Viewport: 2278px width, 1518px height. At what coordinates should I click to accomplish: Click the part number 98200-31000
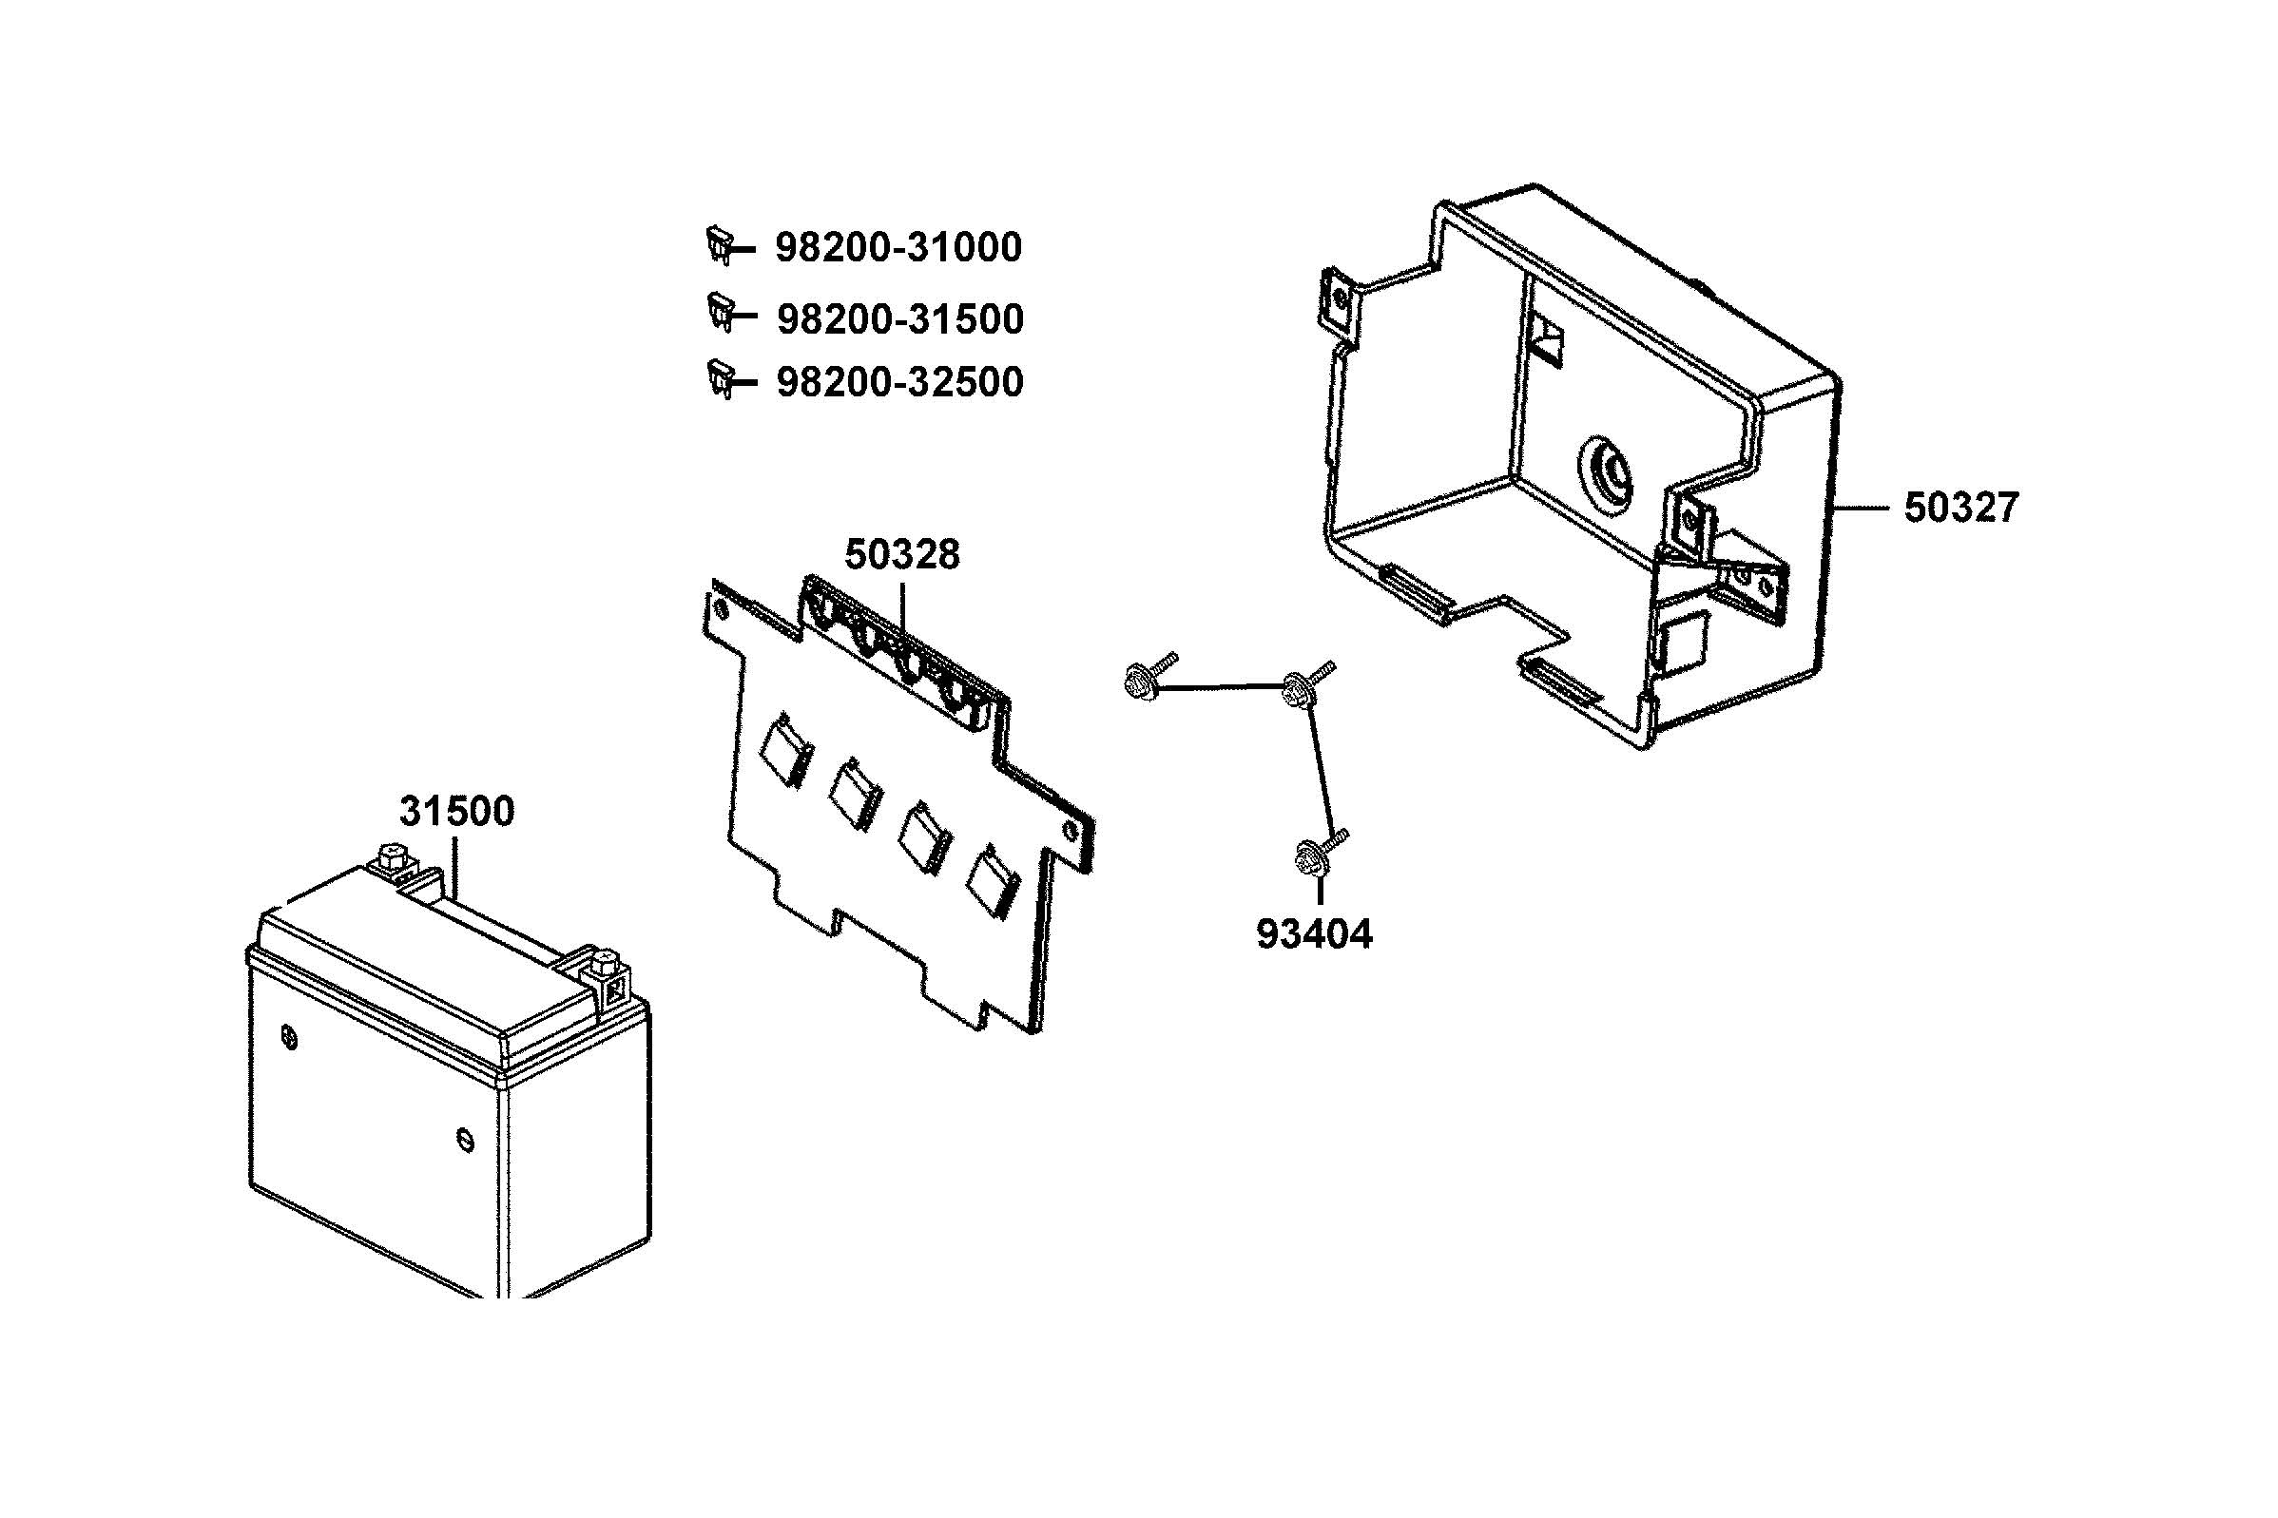[x=898, y=248]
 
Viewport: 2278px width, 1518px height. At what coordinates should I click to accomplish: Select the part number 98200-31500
[x=899, y=319]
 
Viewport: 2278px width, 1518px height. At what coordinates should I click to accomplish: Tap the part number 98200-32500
[x=899, y=382]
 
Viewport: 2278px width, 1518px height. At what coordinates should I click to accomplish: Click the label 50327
[x=1960, y=509]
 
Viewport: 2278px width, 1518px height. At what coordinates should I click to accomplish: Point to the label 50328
[x=901, y=555]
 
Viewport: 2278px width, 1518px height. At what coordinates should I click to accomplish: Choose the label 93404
[x=1314, y=934]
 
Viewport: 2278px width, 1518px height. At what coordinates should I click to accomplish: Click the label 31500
[x=456, y=811]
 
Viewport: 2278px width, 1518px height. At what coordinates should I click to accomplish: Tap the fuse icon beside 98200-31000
[x=721, y=244]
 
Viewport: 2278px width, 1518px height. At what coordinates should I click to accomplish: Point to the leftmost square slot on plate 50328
[x=784, y=747]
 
